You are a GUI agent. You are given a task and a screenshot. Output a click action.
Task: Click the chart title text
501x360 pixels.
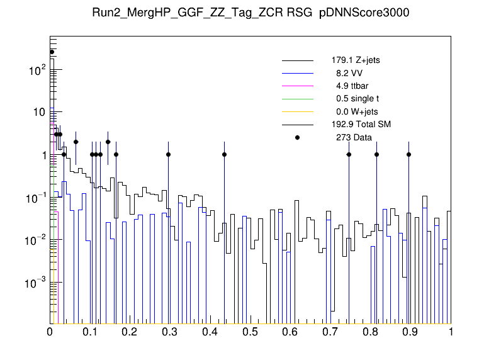[x=251, y=13]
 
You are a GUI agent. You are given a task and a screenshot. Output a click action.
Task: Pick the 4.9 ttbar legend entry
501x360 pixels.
[x=349, y=86]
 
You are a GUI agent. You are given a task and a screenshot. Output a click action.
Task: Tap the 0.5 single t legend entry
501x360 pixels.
[x=357, y=99]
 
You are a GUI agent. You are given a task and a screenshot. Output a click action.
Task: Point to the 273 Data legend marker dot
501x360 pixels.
[x=298, y=137]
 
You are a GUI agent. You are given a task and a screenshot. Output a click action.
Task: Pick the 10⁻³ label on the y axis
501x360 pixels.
[x=35, y=283]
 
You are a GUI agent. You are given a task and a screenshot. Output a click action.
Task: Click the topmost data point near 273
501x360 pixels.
[x=52, y=52]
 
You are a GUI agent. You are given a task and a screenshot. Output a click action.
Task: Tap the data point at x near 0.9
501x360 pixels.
[x=408, y=154]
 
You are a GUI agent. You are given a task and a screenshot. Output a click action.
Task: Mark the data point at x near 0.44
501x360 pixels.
[x=224, y=154]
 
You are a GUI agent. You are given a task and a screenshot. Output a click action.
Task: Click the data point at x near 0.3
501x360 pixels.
[x=168, y=154]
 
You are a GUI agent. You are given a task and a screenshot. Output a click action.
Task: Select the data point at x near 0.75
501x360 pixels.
[x=349, y=154]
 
